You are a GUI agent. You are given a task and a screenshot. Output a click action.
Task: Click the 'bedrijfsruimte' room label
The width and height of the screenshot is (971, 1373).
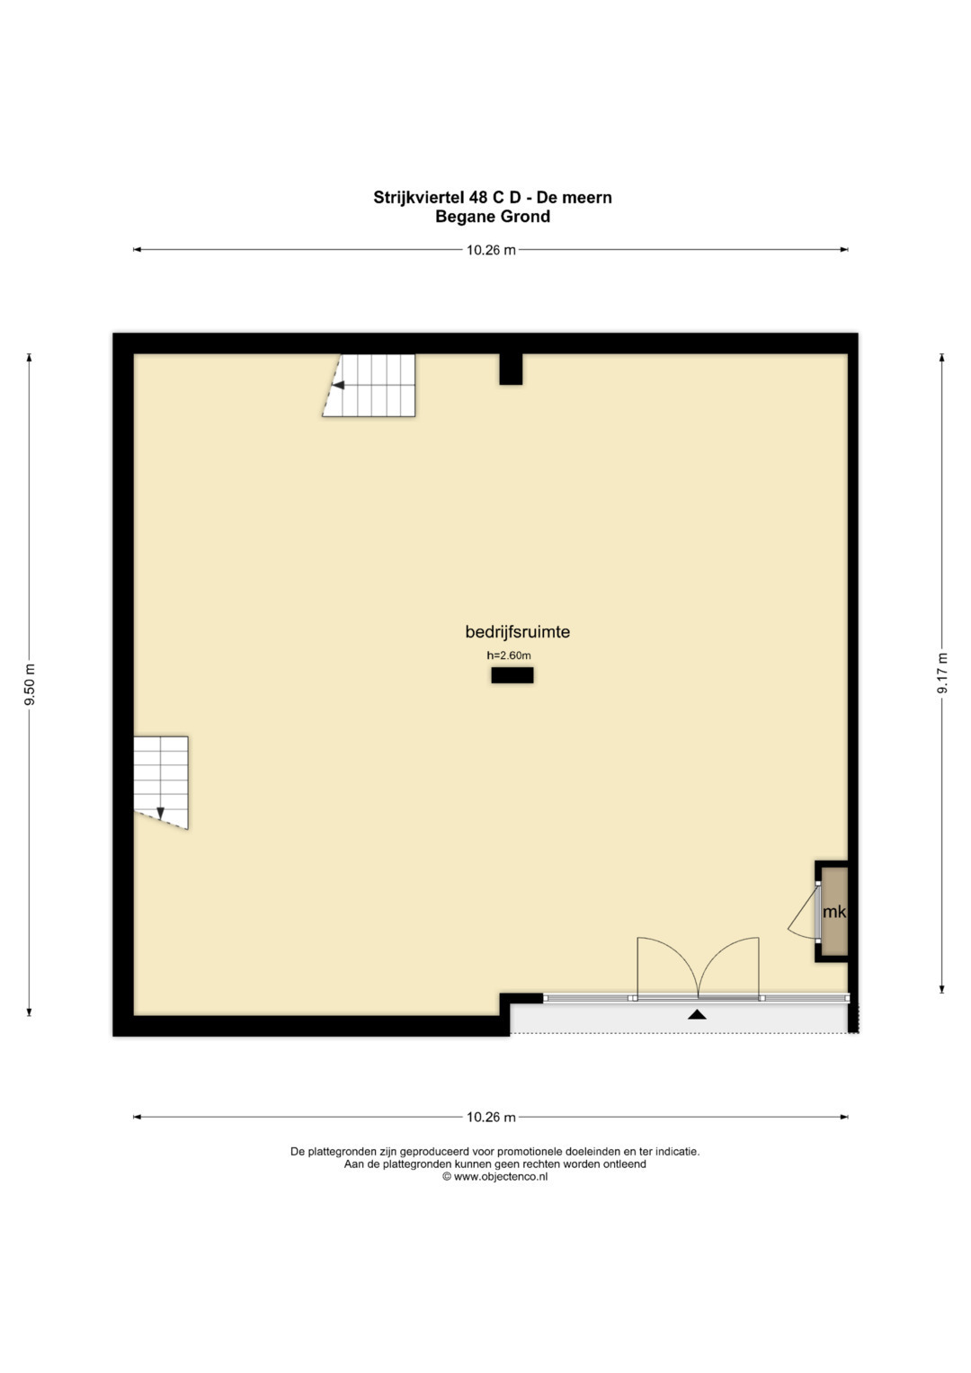[517, 632]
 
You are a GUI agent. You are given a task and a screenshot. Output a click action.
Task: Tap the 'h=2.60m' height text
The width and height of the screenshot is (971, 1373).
[509, 655]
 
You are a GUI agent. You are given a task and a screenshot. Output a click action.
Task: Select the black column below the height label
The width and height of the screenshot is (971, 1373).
[512, 675]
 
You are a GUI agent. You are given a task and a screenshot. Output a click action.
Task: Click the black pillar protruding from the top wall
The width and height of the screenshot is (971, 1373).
[511, 369]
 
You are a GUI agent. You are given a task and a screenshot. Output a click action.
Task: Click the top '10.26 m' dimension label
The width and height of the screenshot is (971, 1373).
[491, 250]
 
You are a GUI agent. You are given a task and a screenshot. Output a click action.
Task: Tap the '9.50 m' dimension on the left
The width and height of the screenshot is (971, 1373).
[30, 684]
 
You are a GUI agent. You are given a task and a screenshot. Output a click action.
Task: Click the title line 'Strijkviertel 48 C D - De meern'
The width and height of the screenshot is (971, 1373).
[493, 198]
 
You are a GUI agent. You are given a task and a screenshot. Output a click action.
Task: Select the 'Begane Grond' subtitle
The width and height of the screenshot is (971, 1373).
[493, 217]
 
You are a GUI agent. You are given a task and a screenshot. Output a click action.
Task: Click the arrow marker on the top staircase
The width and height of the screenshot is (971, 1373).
[338, 385]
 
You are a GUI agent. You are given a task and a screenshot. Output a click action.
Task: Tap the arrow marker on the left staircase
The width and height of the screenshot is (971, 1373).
[161, 814]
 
